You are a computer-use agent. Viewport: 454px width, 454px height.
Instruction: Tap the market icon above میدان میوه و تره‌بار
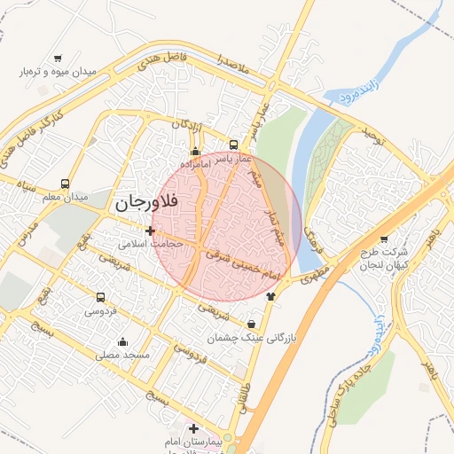58,58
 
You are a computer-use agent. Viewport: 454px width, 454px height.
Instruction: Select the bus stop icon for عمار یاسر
233,145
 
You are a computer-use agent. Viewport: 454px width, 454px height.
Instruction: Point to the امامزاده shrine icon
195,151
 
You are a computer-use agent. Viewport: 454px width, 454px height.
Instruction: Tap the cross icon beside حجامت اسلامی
150,231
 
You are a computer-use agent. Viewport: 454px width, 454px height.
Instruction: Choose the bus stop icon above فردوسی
100,298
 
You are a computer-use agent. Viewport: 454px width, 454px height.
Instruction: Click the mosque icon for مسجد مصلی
122,342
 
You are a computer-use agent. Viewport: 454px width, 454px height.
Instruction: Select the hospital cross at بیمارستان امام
193,429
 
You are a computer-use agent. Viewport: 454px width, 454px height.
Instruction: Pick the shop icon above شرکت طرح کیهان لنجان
383,239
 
